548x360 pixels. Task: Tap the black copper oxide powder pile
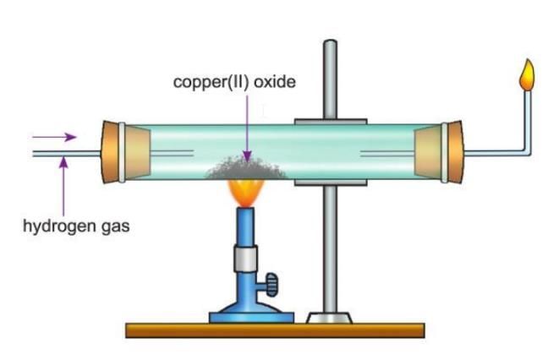click(x=244, y=167)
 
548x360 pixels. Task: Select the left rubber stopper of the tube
click(x=118, y=153)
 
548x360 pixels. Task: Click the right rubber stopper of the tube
click(x=451, y=153)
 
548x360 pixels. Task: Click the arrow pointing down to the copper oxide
click(x=244, y=127)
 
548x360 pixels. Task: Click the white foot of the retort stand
click(x=330, y=318)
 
